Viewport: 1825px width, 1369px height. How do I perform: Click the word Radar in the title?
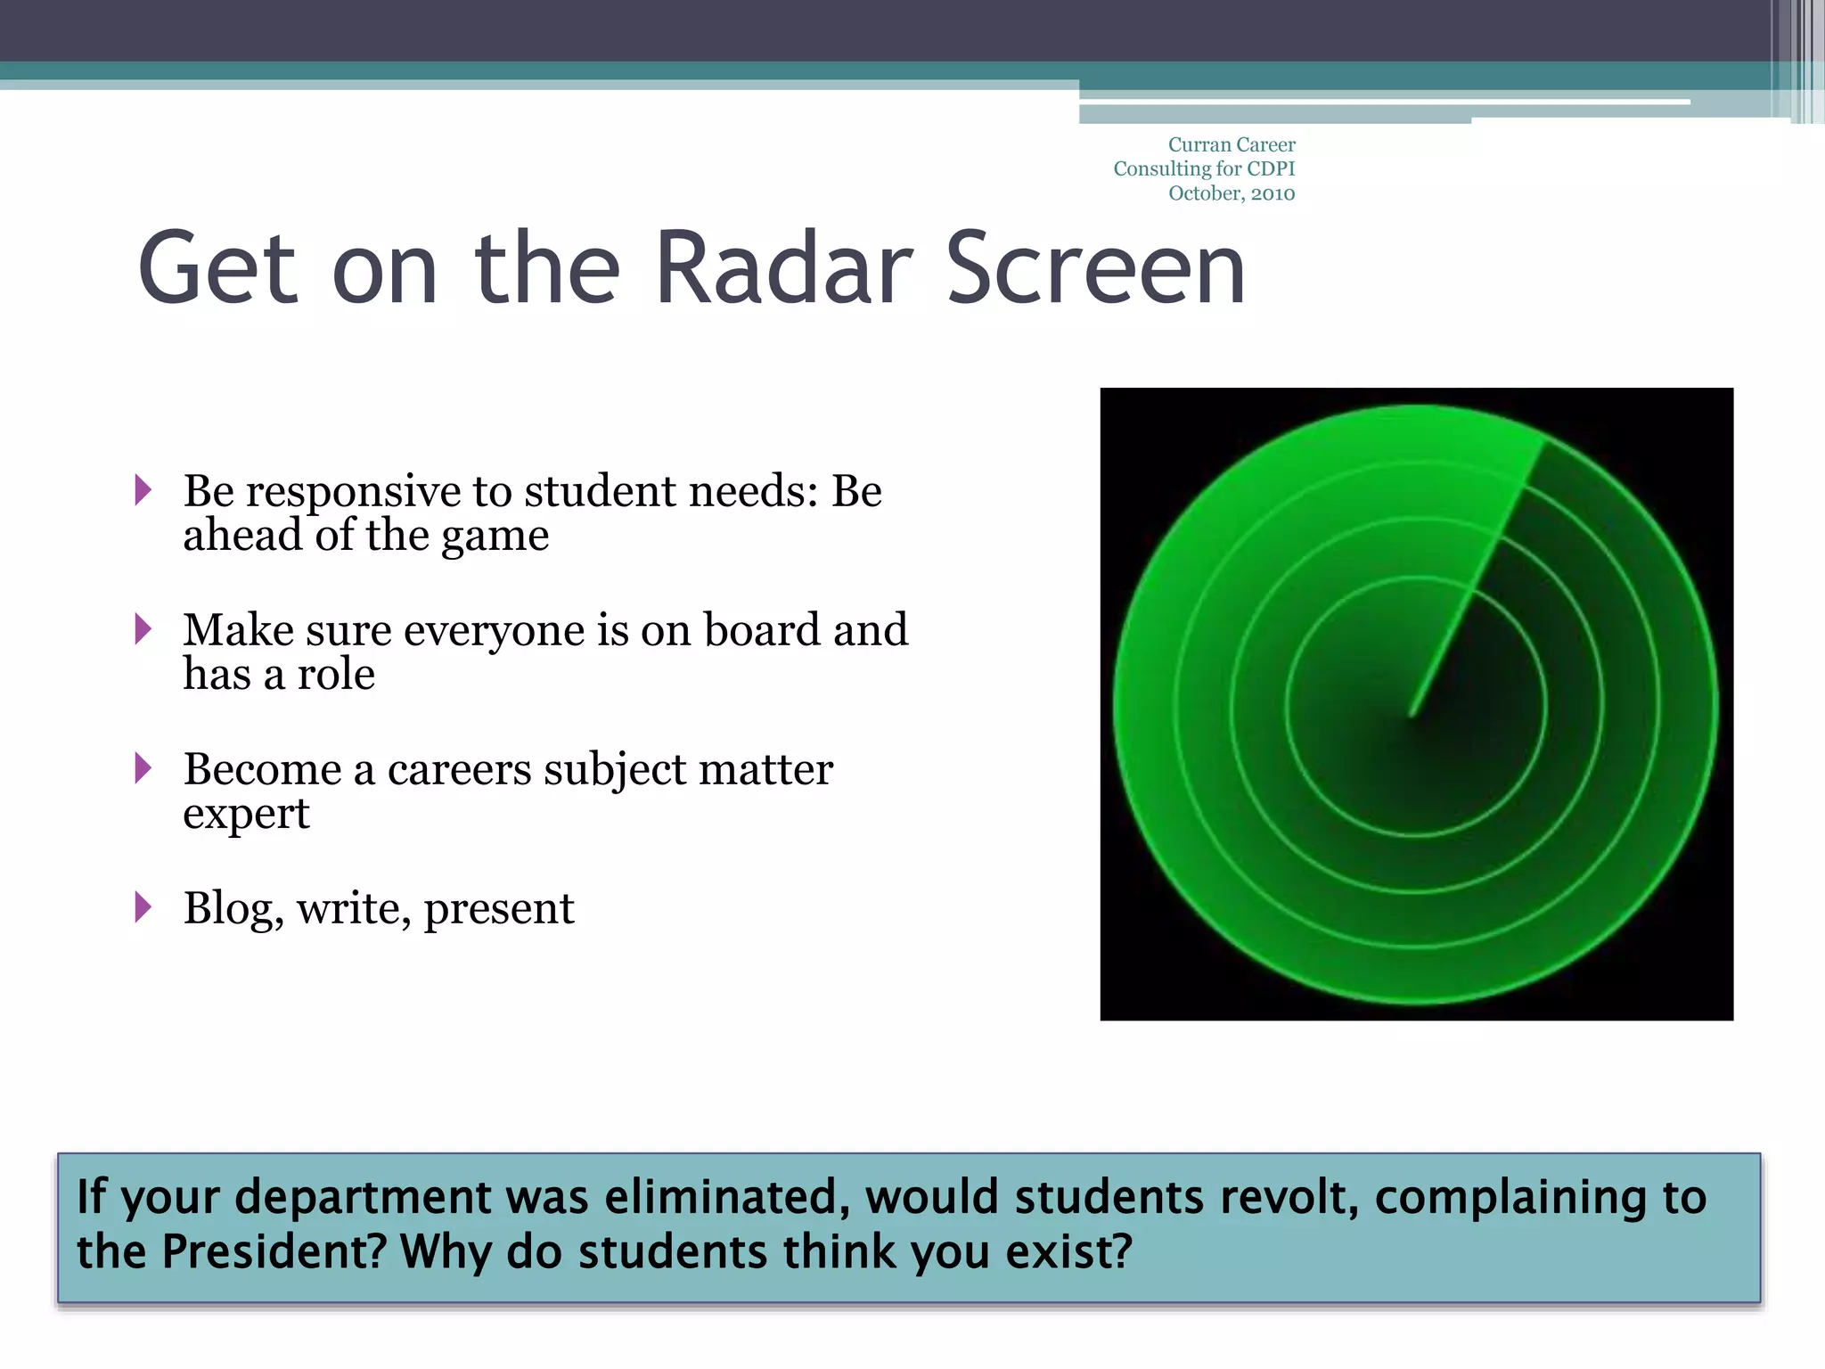click(x=784, y=268)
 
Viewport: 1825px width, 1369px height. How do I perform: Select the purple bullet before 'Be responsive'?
click(x=143, y=489)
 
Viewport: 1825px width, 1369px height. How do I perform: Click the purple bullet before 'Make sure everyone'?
click(x=143, y=628)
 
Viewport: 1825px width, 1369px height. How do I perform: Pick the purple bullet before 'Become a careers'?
click(x=143, y=767)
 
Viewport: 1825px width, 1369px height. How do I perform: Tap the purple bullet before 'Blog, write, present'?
click(x=143, y=906)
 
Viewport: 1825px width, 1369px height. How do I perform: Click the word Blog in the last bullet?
click(x=233, y=908)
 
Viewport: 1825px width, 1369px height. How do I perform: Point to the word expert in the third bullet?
click(x=246, y=814)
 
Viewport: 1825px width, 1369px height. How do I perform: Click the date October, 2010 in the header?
click(x=1232, y=193)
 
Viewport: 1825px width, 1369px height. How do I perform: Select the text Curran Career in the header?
click(x=1232, y=144)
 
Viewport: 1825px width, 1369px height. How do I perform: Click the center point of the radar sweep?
click(x=1412, y=712)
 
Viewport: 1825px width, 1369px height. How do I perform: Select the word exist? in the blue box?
click(x=1068, y=1251)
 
